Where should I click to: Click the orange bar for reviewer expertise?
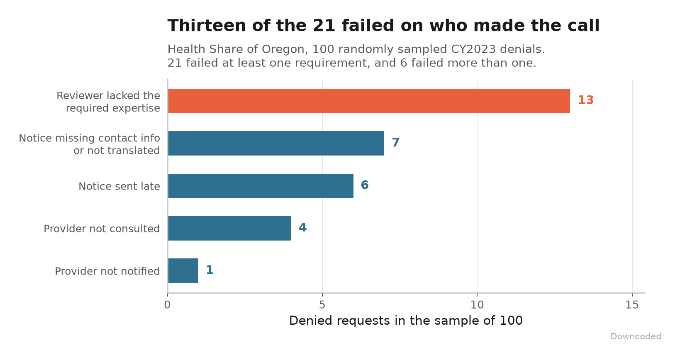click(x=369, y=101)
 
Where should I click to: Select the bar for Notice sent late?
click(x=261, y=186)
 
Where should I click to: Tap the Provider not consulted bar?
click(x=229, y=228)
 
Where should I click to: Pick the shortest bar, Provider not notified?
click(x=183, y=271)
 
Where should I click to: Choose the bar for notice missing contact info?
click(x=276, y=143)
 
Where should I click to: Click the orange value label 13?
click(x=585, y=100)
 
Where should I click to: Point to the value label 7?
click(x=395, y=142)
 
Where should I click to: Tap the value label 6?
click(x=365, y=185)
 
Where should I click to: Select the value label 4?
click(x=303, y=227)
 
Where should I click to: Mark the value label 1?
click(x=210, y=270)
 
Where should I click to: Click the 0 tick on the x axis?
click(x=167, y=305)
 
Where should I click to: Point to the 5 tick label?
click(x=322, y=305)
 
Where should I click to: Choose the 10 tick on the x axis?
click(x=477, y=305)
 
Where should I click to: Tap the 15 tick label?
click(x=632, y=305)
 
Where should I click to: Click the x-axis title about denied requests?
click(x=406, y=321)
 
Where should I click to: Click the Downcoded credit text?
click(x=636, y=336)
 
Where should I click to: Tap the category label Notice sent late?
click(x=119, y=186)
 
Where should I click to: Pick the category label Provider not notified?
click(x=107, y=271)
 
